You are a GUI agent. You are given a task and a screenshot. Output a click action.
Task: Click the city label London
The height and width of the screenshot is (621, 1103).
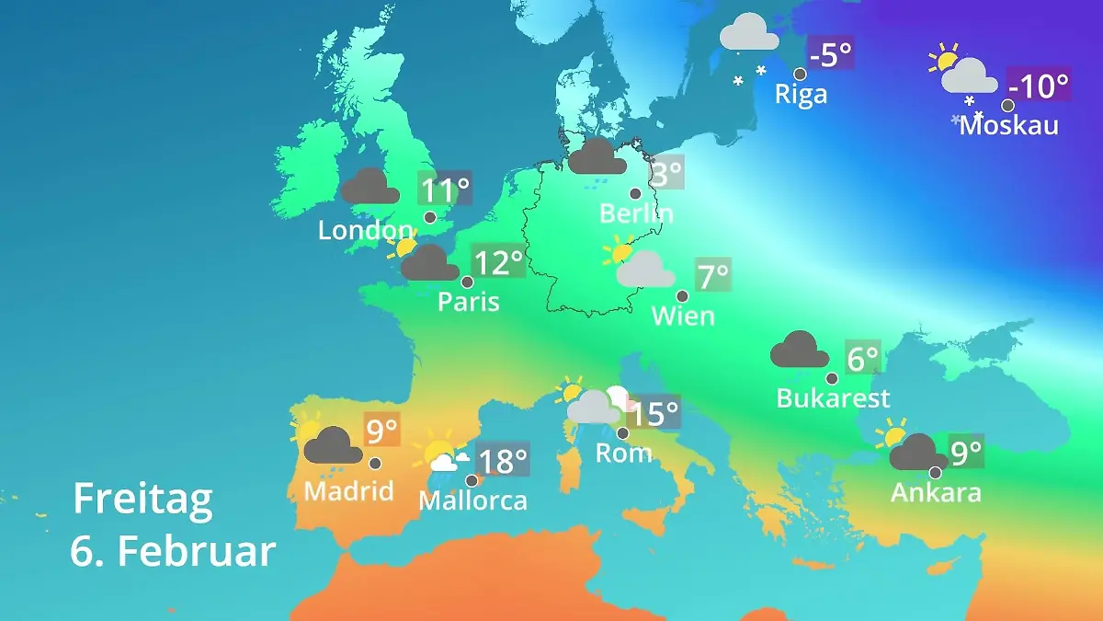pyautogui.click(x=365, y=230)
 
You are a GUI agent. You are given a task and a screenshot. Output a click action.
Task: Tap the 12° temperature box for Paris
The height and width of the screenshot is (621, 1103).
pyautogui.click(x=497, y=264)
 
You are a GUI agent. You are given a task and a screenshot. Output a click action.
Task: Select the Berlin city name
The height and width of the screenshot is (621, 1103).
pyautogui.click(x=636, y=213)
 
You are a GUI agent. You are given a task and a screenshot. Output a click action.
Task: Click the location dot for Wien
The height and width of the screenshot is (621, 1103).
pyautogui.click(x=682, y=296)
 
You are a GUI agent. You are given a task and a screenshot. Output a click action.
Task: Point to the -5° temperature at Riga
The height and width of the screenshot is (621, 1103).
pyautogui.click(x=830, y=54)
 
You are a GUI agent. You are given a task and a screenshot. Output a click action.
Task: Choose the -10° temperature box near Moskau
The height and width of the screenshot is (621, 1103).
pyautogui.click(x=1039, y=86)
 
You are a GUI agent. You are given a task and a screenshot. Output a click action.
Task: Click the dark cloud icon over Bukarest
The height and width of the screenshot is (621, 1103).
pyautogui.click(x=800, y=351)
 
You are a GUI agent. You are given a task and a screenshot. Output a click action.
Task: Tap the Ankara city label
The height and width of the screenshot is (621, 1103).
pyautogui.click(x=936, y=492)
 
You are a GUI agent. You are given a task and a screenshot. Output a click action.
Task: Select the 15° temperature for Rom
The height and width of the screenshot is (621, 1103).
pyautogui.click(x=654, y=413)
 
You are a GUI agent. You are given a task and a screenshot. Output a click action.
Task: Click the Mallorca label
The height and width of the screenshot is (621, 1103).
pyautogui.click(x=472, y=500)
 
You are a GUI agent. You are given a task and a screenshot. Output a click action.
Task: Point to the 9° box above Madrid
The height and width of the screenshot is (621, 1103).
pyautogui.click(x=382, y=430)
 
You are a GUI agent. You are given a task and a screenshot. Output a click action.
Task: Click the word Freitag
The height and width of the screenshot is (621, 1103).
pyautogui.click(x=142, y=499)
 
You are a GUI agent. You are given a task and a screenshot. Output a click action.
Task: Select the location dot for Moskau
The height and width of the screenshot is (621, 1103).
pyautogui.click(x=1007, y=106)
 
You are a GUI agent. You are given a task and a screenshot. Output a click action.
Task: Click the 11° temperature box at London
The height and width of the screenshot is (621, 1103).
pyautogui.click(x=445, y=190)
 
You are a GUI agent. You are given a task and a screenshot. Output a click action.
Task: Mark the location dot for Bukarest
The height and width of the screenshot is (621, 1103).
pyautogui.click(x=832, y=378)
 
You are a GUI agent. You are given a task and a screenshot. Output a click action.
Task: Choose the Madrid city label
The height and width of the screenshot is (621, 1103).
pyautogui.click(x=348, y=490)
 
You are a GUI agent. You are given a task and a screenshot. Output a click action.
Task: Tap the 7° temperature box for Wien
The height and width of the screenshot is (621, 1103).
pyautogui.click(x=713, y=275)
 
